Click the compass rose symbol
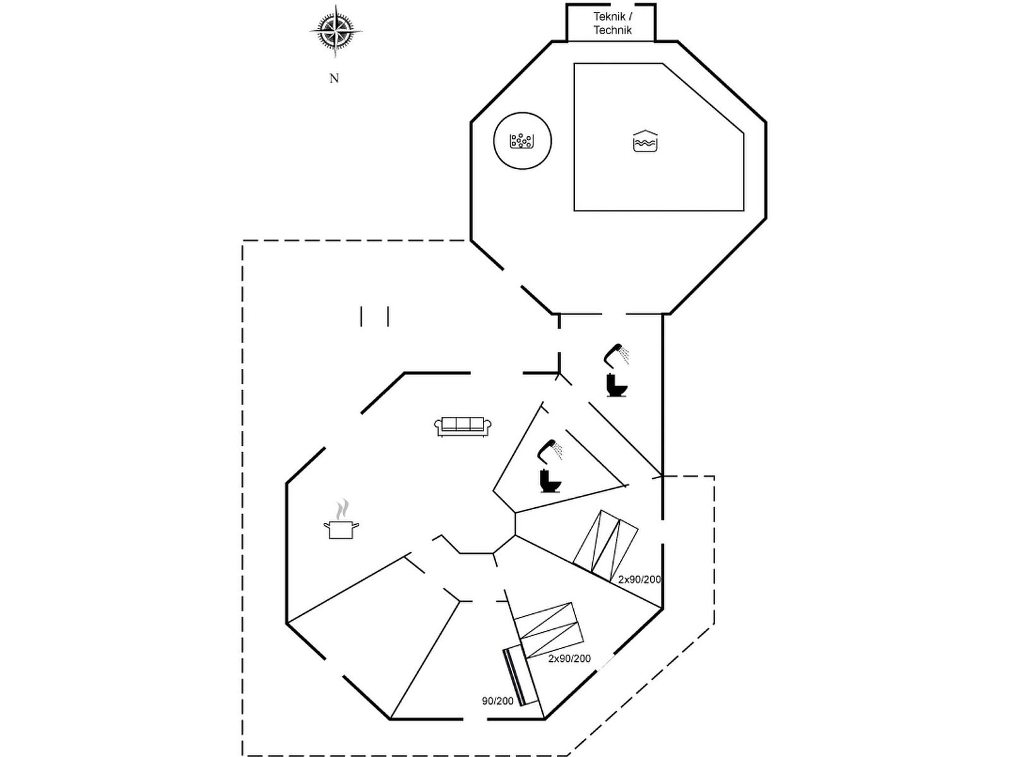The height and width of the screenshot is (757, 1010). click(336, 30)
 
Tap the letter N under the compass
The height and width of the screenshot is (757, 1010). click(334, 78)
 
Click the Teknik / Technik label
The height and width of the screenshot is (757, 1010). click(612, 23)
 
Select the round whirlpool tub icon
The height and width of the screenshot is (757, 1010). click(522, 141)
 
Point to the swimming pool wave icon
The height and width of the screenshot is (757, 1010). click(645, 141)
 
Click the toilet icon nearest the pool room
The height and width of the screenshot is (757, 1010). click(615, 385)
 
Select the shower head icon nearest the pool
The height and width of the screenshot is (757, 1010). click(616, 353)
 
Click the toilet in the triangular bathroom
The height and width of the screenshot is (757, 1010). click(549, 481)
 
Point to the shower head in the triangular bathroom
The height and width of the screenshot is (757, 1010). click(549, 449)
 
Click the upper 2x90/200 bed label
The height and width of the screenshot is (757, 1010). click(639, 579)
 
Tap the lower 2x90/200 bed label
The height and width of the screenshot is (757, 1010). click(569, 659)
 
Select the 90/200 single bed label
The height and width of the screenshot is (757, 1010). click(497, 701)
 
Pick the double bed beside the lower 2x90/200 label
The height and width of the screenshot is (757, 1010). click(547, 630)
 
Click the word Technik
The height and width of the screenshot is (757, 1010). click(612, 30)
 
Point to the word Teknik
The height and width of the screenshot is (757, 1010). click(609, 17)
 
